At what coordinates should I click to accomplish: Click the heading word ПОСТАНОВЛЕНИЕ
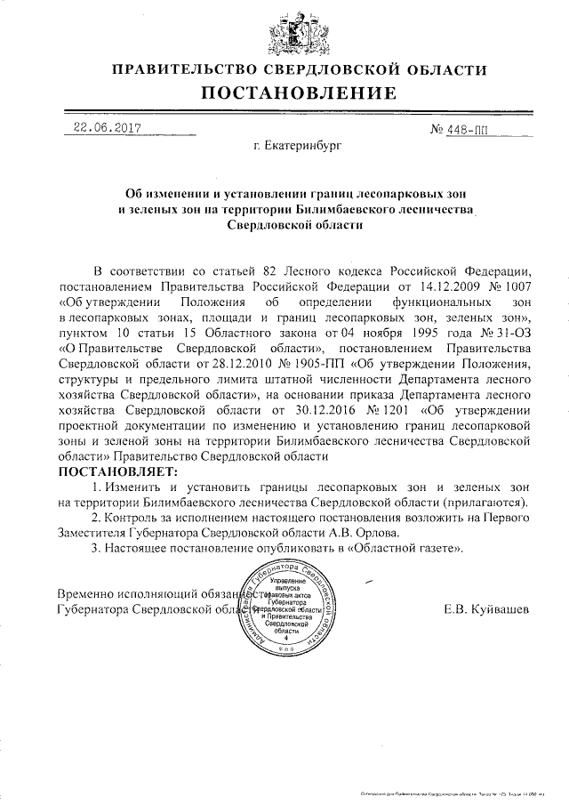pyautogui.click(x=284, y=93)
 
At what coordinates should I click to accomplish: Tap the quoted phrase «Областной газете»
pyautogui.click(x=408, y=550)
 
